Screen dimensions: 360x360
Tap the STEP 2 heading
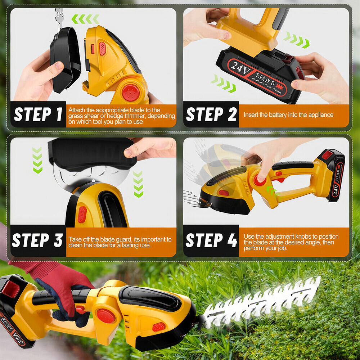point(211,115)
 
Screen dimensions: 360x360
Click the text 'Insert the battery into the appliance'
point(288,115)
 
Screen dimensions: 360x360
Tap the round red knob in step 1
point(131,93)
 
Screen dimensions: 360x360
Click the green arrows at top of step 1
point(85,19)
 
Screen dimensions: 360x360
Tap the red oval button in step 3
point(82,215)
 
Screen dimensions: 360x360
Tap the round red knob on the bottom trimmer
point(105,316)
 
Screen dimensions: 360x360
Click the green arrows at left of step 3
point(37,160)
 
